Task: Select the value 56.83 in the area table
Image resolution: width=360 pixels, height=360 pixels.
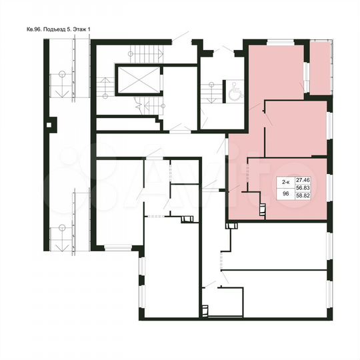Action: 303,189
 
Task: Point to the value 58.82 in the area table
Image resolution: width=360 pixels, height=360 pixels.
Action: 303,197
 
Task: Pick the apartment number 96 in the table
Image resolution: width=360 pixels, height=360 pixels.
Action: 285,194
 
